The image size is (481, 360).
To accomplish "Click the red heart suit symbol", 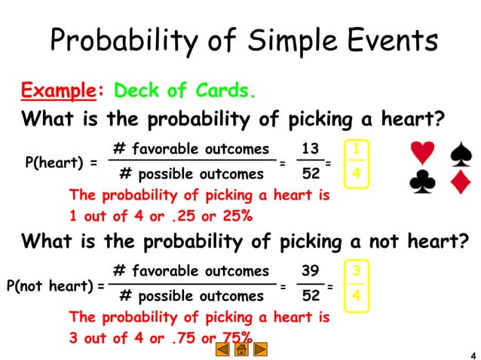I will (424, 152).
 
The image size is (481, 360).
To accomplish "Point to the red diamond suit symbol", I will (460, 182).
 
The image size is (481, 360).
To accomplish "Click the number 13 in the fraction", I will (310, 148).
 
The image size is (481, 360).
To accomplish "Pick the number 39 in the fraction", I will (310, 270).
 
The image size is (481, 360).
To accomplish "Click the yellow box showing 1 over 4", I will (356, 162).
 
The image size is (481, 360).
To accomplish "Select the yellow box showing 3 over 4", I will (356, 283).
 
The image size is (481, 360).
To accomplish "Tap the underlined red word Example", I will (57, 91).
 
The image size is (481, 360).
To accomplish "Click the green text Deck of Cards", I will (185, 91).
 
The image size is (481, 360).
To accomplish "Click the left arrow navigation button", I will (222, 349).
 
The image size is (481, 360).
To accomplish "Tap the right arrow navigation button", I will (260, 349).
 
